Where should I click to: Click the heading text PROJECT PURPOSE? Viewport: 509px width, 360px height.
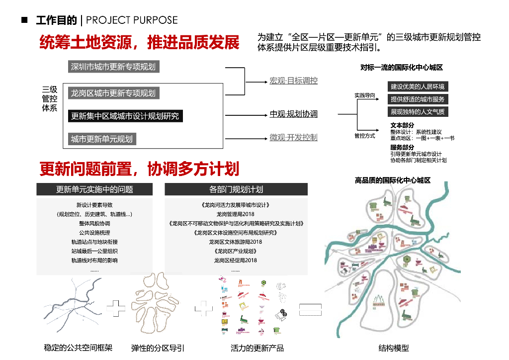click(132, 20)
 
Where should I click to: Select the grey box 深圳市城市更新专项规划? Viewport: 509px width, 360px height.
click(114, 67)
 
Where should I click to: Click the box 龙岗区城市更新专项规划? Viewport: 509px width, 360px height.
click(113, 93)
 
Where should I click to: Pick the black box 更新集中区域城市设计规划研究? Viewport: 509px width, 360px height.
click(125, 116)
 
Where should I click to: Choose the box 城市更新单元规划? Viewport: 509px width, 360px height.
click(102, 139)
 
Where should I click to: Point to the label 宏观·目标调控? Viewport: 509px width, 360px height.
click(293, 81)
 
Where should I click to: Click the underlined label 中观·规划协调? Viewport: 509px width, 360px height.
click(293, 114)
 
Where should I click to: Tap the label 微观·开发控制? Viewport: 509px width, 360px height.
click(293, 137)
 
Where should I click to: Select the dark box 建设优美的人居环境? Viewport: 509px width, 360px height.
click(418, 87)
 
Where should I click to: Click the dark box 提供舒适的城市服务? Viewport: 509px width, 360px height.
click(418, 99)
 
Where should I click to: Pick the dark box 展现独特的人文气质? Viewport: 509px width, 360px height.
click(418, 112)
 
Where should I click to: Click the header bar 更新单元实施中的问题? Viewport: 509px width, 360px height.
click(94, 189)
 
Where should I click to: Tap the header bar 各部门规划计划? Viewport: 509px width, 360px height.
click(236, 189)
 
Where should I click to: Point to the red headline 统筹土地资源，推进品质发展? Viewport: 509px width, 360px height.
click(139, 42)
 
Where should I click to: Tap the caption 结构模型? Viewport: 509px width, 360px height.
click(394, 348)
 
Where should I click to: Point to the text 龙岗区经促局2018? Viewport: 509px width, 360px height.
click(236, 260)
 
